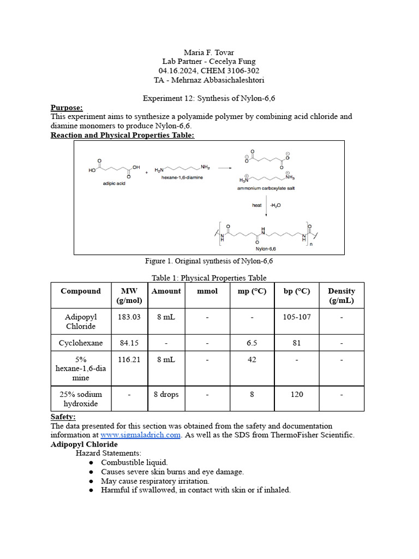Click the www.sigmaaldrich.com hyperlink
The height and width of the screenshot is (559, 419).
(140, 435)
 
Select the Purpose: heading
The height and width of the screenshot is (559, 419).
(67, 108)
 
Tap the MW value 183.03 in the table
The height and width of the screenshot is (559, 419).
(129, 317)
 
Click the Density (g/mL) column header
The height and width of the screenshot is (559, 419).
(341, 295)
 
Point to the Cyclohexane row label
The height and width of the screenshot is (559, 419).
(80, 343)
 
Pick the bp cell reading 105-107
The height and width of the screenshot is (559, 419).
(297, 317)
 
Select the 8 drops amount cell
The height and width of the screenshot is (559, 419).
(166, 394)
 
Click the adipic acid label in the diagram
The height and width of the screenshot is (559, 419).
(113, 184)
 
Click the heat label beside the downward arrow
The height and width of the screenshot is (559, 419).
(257, 205)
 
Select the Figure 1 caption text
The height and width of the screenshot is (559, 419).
(209, 261)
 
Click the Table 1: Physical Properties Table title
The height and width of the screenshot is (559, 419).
(209, 278)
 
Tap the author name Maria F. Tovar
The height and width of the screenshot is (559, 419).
(209, 52)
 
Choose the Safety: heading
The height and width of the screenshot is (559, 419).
(63, 417)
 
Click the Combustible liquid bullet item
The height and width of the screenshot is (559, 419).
(134, 462)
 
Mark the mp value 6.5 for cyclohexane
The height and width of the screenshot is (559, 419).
(252, 343)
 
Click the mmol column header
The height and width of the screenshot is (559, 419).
(207, 291)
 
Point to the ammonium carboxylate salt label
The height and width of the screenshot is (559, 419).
(266, 188)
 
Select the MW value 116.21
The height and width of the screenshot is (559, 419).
(129, 359)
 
